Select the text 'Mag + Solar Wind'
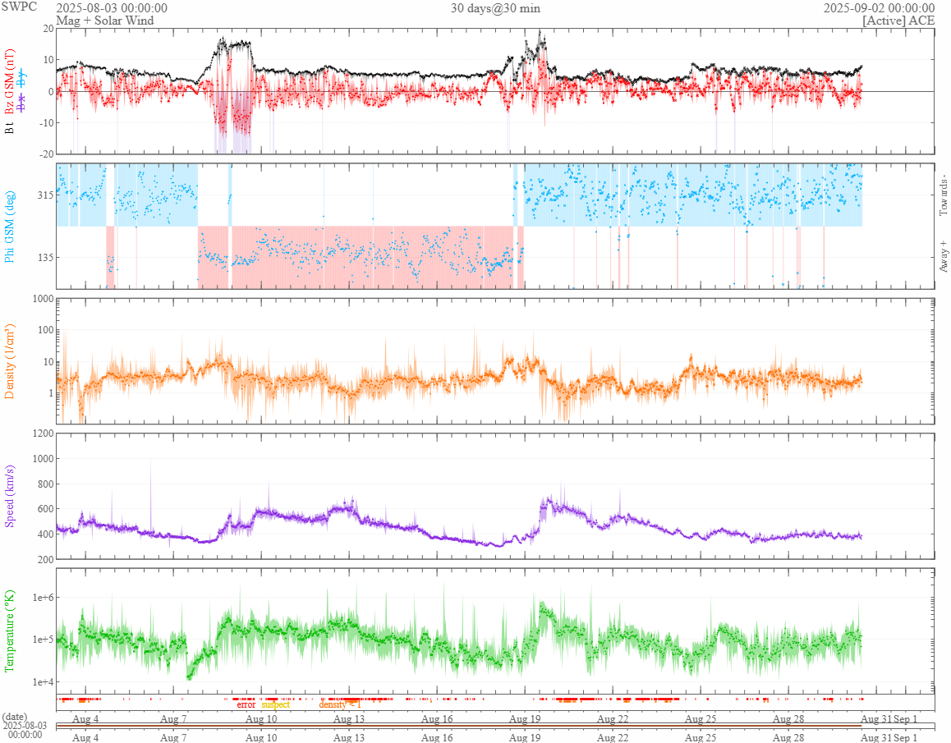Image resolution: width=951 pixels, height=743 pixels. point(99,20)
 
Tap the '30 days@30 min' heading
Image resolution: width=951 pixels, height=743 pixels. point(495,8)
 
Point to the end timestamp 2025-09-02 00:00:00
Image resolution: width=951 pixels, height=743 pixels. point(879,8)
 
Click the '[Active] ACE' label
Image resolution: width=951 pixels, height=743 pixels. point(898,20)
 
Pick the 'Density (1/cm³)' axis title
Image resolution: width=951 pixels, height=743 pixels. point(10,361)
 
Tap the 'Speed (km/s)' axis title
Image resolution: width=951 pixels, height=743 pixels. point(10,496)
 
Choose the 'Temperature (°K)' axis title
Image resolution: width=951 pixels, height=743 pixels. point(10,631)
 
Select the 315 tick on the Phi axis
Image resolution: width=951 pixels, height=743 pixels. point(44,195)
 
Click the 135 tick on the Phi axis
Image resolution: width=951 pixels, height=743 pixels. point(44,257)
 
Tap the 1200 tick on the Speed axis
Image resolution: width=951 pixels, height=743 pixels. point(41,433)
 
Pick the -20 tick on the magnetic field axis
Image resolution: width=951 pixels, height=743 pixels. point(45,154)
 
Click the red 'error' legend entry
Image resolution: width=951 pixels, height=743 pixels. point(246,704)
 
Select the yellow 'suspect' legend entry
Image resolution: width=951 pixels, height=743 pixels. point(275,704)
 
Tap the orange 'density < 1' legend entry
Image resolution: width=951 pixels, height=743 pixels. point(340,704)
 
